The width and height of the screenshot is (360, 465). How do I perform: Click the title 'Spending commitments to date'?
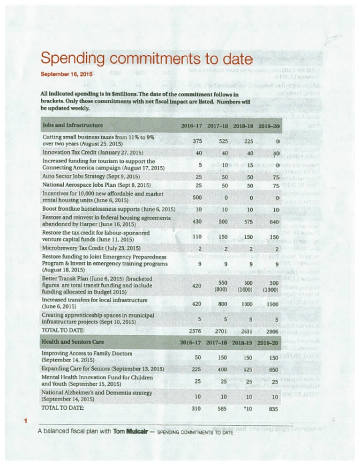147,59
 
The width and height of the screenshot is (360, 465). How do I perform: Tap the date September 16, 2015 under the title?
67,74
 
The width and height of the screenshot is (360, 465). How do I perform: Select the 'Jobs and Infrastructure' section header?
73,125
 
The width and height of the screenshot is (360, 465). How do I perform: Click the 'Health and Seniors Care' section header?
73,342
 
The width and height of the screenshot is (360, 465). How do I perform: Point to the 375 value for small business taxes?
197,141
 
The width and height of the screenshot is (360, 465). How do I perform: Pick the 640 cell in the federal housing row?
274,222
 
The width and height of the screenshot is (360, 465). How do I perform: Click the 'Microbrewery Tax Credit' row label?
91,248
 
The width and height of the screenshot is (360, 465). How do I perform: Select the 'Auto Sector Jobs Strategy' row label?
91,177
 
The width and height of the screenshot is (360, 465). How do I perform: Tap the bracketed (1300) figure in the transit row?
270,290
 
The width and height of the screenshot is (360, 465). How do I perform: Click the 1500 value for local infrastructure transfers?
272,304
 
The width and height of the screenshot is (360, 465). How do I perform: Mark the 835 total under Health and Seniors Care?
273,409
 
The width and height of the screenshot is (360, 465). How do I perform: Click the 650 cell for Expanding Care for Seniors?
274,370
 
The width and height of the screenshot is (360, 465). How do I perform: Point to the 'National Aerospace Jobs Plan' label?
97,185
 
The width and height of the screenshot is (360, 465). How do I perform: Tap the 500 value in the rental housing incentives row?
197,198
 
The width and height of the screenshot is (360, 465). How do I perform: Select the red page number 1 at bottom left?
26,421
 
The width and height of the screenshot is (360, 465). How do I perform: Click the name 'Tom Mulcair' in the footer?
130,431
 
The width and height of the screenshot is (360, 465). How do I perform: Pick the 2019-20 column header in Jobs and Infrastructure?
269,126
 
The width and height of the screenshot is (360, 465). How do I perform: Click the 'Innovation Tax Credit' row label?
93,153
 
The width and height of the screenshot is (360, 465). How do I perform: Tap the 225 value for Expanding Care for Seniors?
196,369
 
